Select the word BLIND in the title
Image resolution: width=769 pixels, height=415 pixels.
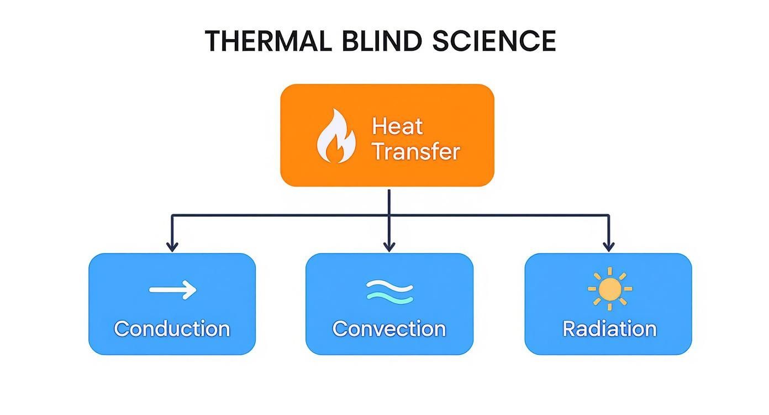pos(377,41)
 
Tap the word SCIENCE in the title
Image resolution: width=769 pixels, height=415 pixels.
pos(494,41)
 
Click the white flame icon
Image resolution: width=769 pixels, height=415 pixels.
pos(335,136)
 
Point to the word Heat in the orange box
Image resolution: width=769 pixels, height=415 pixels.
pos(397,126)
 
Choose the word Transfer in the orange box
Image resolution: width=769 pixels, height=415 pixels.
pos(415,151)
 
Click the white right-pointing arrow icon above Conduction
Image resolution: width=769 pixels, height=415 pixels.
pos(172,289)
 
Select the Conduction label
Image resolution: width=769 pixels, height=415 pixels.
pos(172,329)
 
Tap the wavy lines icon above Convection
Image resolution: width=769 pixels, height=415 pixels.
pos(389,291)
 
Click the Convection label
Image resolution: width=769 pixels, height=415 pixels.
pos(389,329)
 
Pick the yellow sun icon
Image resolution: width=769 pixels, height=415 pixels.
pos(609,289)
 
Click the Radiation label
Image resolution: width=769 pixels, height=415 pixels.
pos(609,329)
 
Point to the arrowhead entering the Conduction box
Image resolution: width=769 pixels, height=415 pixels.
pos(172,246)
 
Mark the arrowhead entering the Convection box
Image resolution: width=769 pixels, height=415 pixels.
pos(389,246)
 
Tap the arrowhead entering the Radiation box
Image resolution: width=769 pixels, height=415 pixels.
pos(608,246)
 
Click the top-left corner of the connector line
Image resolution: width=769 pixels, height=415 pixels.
pos(172,215)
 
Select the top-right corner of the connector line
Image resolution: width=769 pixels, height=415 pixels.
pos(608,215)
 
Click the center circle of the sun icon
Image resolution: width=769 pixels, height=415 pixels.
pos(609,289)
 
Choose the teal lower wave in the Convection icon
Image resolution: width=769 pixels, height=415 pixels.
pos(389,297)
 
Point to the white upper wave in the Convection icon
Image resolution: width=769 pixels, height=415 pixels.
pos(389,285)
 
